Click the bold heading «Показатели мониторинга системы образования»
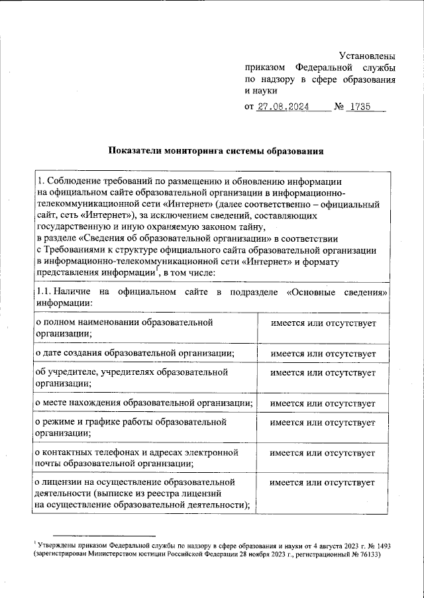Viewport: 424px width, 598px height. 216,151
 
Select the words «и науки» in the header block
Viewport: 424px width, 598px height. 260,91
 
